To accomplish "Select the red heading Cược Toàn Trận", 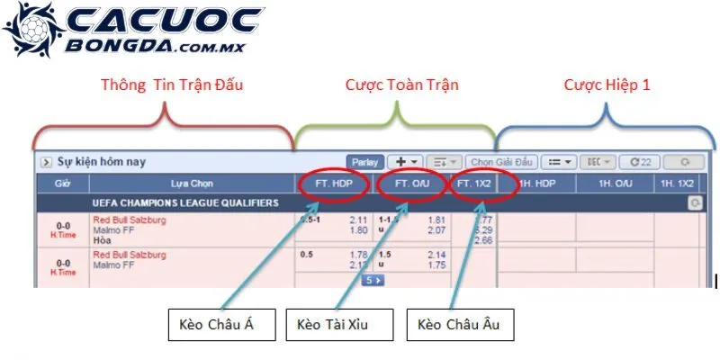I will tap(402, 86).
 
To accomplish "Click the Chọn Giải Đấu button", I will tap(501, 162).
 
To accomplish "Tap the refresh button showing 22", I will tap(641, 162).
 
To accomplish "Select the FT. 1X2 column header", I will tap(474, 183).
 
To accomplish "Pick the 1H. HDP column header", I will tap(537, 183).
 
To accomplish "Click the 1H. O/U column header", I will tap(615, 183).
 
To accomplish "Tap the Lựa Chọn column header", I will tap(192, 183).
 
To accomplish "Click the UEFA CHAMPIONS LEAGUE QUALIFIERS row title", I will tap(185, 203).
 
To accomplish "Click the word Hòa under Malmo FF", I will tap(103, 240).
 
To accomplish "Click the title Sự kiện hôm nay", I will tap(101, 162).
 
